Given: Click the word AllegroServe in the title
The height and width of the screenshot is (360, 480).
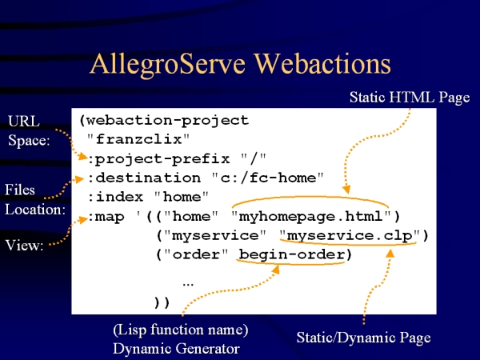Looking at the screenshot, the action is click(167, 64).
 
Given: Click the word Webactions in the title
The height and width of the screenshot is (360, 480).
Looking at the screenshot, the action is click(323, 63).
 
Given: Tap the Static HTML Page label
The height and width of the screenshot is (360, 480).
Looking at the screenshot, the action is click(410, 98).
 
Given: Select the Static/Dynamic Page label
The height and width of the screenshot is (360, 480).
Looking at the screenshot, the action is click(364, 338).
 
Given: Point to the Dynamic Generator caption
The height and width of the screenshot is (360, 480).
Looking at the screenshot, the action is click(176, 349).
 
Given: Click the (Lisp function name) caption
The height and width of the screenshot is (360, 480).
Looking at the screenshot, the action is click(181, 330).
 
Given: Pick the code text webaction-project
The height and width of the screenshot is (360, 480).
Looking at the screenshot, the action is click(167, 121).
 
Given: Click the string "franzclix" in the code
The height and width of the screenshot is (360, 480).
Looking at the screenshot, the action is click(138, 139).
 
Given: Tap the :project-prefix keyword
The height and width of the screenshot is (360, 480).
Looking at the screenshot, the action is click(159, 159).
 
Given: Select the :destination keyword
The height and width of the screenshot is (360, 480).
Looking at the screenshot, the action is click(144, 178).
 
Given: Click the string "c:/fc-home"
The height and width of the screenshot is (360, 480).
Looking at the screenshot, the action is click(267, 178).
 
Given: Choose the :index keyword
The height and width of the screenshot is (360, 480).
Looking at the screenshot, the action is click(116, 197).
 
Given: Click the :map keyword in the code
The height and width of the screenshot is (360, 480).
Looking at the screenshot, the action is click(106, 217).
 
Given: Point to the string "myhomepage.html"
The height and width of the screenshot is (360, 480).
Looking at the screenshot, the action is click(311, 217).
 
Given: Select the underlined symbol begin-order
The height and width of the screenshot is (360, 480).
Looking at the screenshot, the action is click(292, 254).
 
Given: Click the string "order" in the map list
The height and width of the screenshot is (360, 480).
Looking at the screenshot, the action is click(196, 254).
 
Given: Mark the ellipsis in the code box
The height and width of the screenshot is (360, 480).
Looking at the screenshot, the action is click(188, 285).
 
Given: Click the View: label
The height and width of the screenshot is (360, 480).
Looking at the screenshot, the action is click(24, 246).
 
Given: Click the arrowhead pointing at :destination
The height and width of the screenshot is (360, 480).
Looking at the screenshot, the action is click(79, 178).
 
